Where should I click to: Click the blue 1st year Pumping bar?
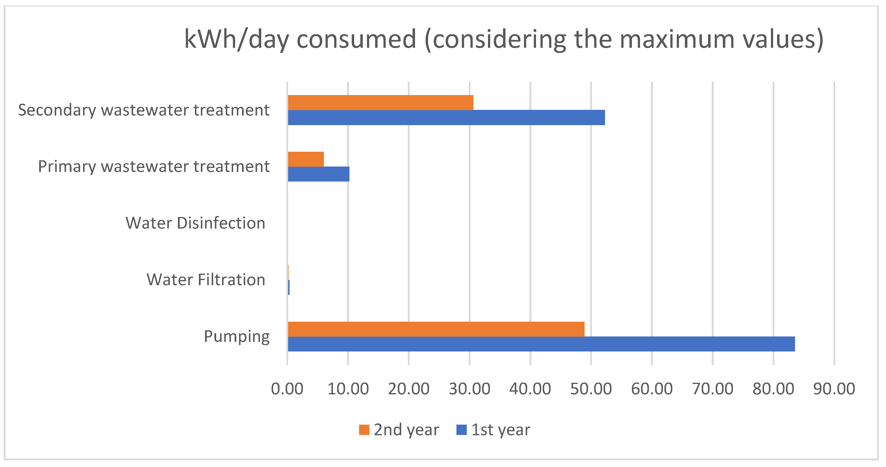tap(541, 344)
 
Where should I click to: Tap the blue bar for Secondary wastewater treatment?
tap(446, 117)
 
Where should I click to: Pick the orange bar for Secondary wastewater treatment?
tap(381, 102)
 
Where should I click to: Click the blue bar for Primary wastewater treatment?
tap(318, 174)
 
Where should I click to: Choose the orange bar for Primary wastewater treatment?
tap(306, 159)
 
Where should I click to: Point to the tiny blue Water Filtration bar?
tap(289, 287)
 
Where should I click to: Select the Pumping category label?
tap(237, 336)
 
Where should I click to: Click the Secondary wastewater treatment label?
tap(143, 110)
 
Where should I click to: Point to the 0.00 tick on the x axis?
tap(287, 389)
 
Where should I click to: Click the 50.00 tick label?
tap(591, 389)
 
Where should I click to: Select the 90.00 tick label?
tap(834, 389)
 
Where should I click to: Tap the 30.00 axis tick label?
tap(469, 389)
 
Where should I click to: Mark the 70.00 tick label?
tap(713, 389)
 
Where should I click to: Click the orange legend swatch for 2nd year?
tap(364, 430)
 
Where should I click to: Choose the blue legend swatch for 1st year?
tap(461, 430)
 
